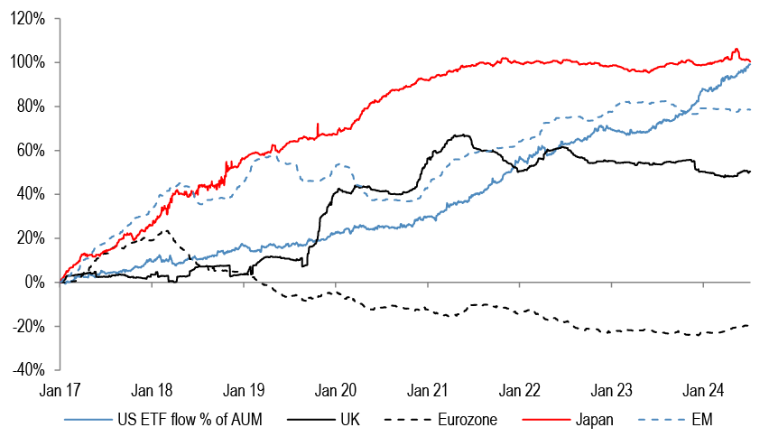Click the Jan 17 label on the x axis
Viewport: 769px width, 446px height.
click(x=60, y=391)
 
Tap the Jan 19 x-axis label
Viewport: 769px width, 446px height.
click(x=244, y=391)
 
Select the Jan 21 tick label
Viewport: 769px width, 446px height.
click(x=427, y=391)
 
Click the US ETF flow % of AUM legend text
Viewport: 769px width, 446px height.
click(x=182, y=421)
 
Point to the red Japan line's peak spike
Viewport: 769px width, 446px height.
click(x=737, y=49)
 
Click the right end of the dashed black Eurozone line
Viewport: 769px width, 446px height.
click(x=750, y=325)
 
